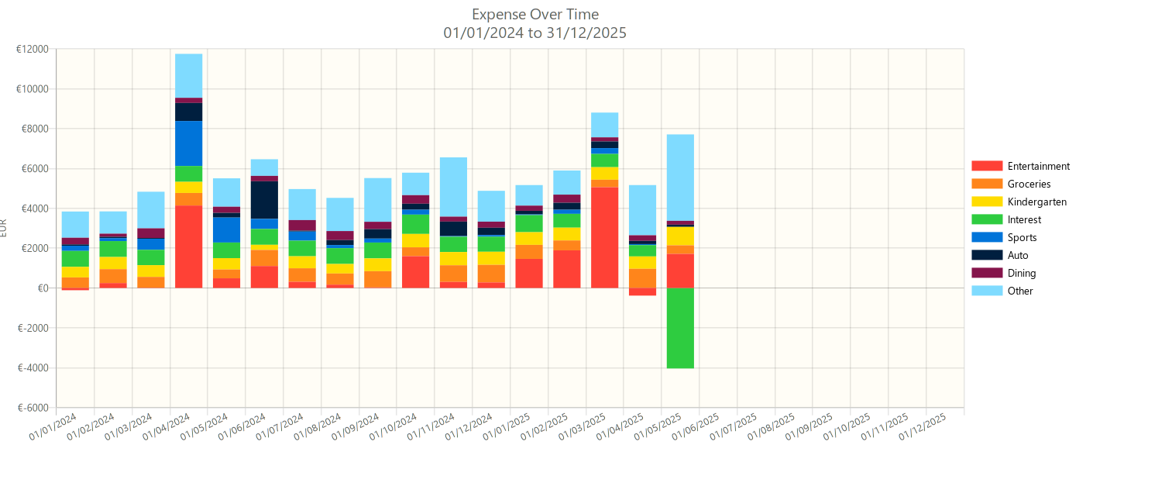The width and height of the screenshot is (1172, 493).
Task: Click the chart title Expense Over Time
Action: (x=535, y=15)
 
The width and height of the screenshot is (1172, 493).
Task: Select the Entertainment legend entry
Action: (x=1038, y=166)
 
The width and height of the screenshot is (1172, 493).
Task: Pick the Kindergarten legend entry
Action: (x=1036, y=202)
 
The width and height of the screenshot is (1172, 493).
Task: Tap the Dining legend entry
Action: (x=1021, y=273)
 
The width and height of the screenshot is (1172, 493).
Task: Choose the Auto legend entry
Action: (x=1018, y=255)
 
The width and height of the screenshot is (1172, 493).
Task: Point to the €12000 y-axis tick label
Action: (x=32, y=49)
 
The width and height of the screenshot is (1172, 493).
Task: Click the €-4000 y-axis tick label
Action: (x=33, y=368)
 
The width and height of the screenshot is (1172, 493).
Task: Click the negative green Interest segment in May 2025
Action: (x=680, y=328)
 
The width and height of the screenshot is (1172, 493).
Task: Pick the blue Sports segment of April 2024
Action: (x=188, y=143)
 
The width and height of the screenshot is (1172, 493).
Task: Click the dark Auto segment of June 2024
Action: (x=264, y=200)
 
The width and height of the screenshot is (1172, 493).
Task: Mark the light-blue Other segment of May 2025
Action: (x=680, y=178)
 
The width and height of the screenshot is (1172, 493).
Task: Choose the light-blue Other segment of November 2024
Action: (x=453, y=187)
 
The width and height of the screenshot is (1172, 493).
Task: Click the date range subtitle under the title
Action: (x=535, y=33)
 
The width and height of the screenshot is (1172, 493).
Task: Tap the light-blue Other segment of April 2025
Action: (x=642, y=210)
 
